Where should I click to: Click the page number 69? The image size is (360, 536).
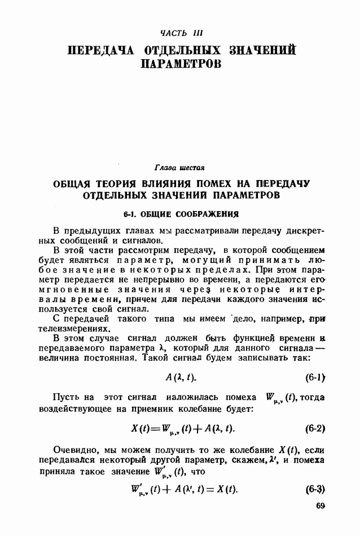[x=321, y=506]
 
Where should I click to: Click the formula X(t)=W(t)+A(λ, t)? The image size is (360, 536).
[x=183, y=429]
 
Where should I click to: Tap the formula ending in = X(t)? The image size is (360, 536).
[x=183, y=489]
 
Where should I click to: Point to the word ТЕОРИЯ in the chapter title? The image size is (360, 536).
[x=113, y=184]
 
